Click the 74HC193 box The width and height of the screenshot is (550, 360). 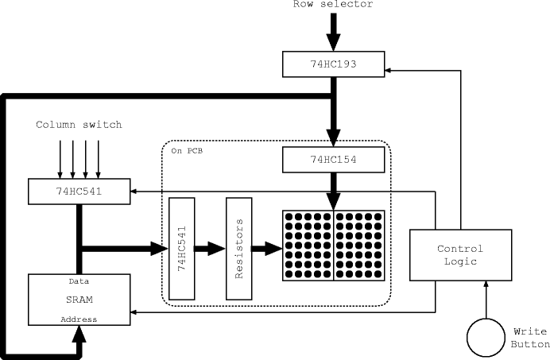(x=334, y=63)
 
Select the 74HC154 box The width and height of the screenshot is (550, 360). (x=334, y=161)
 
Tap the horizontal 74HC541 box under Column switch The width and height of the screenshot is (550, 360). (x=79, y=191)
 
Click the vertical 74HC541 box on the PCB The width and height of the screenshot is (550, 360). (x=182, y=249)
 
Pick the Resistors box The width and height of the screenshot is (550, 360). (x=238, y=249)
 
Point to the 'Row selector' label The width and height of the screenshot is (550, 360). (x=333, y=5)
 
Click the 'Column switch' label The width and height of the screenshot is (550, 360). (x=79, y=126)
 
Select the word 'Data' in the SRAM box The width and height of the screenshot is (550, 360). (x=78, y=281)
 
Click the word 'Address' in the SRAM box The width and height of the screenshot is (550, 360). (x=78, y=319)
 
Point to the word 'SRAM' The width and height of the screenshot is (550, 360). (x=78, y=300)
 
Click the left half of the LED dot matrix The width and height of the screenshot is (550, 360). (x=308, y=246)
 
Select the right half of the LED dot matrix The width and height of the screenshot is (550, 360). (x=359, y=246)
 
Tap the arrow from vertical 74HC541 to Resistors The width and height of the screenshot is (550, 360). (x=210, y=249)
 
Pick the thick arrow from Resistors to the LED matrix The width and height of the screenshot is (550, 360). (x=266, y=249)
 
